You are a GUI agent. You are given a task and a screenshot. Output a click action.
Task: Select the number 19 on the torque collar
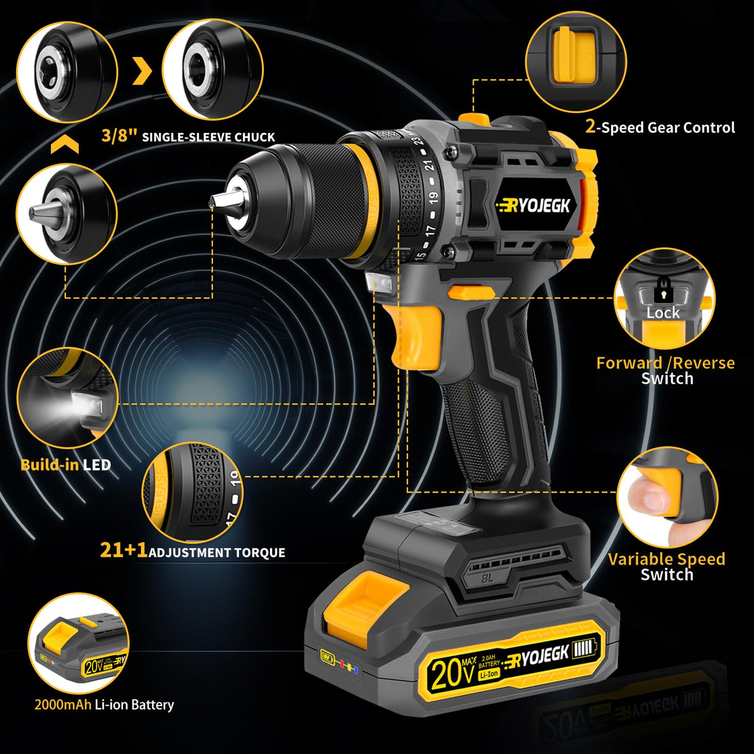pos(432,198)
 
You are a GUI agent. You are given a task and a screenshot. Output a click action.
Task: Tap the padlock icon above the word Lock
pos(663,288)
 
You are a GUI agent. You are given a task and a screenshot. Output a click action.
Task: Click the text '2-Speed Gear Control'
pos(660,127)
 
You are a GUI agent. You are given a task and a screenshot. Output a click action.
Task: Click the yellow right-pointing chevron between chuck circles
pos(142,72)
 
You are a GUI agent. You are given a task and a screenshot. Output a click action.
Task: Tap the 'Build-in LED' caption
pos(65,465)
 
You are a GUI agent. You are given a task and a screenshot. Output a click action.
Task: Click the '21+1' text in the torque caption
pos(124,550)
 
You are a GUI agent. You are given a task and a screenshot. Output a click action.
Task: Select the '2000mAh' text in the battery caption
pos(63,704)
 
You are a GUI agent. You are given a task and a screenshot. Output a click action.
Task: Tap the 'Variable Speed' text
pos(666,559)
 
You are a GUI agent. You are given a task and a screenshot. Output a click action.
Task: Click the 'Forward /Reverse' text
pos(665,363)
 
